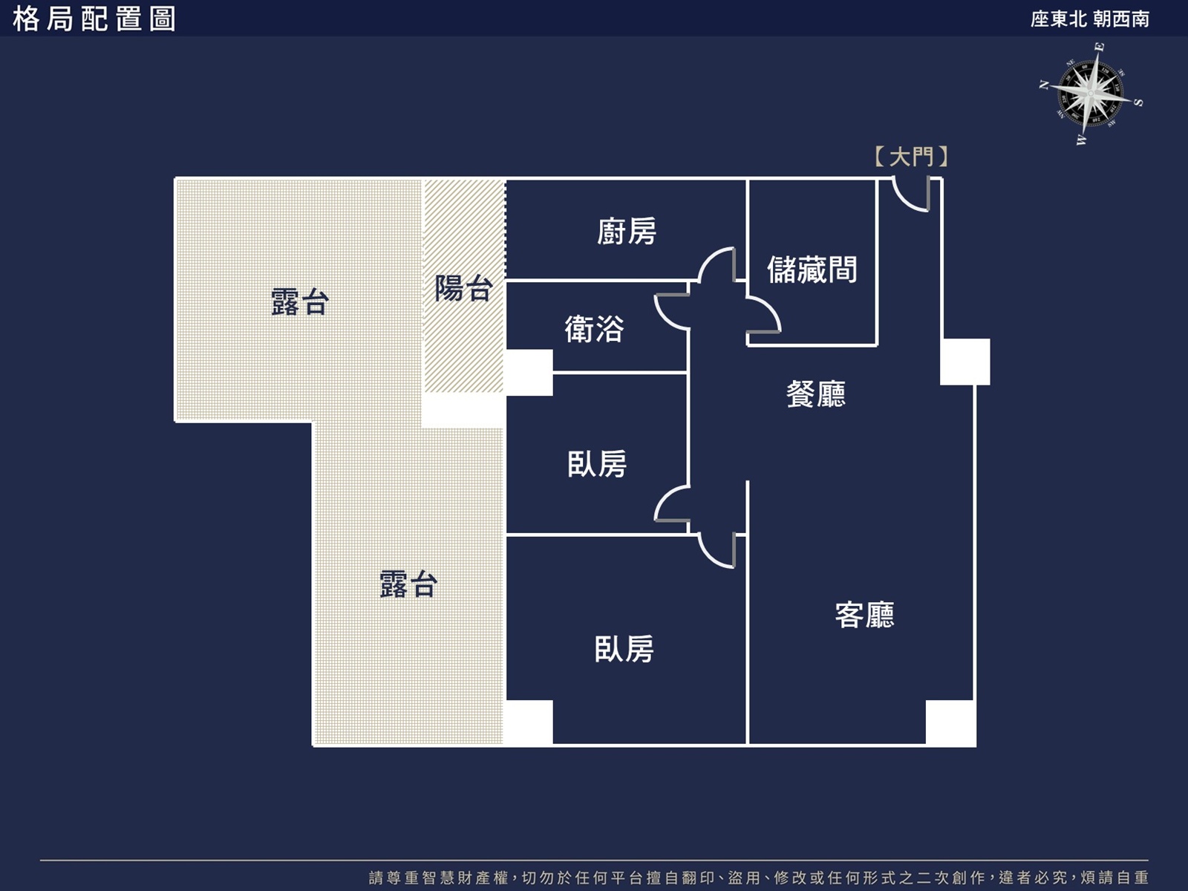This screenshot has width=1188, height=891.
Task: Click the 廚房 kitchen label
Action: click(627, 232)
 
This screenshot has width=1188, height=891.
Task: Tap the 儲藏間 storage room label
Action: click(812, 270)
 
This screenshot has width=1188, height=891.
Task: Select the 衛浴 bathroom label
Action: click(594, 329)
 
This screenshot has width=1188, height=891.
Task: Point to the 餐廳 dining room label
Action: click(815, 394)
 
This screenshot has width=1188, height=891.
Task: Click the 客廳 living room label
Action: click(864, 615)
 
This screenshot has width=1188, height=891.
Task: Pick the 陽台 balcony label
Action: click(464, 288)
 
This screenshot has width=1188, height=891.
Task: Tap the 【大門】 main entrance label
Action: click(912, 157)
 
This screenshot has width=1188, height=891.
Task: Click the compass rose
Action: click(1091, 94)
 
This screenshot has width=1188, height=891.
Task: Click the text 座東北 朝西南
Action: click(1090, 19)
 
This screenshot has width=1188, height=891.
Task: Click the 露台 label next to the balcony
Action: click(299, 302)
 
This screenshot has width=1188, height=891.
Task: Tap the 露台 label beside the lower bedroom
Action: click(408, 584)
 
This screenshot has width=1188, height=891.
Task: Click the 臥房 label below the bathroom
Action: click(597, 464)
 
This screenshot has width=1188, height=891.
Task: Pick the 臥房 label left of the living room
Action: click(624, 649)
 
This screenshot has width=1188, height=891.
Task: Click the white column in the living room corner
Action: click(951, 723)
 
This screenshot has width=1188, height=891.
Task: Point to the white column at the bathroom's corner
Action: click(529, 372)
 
